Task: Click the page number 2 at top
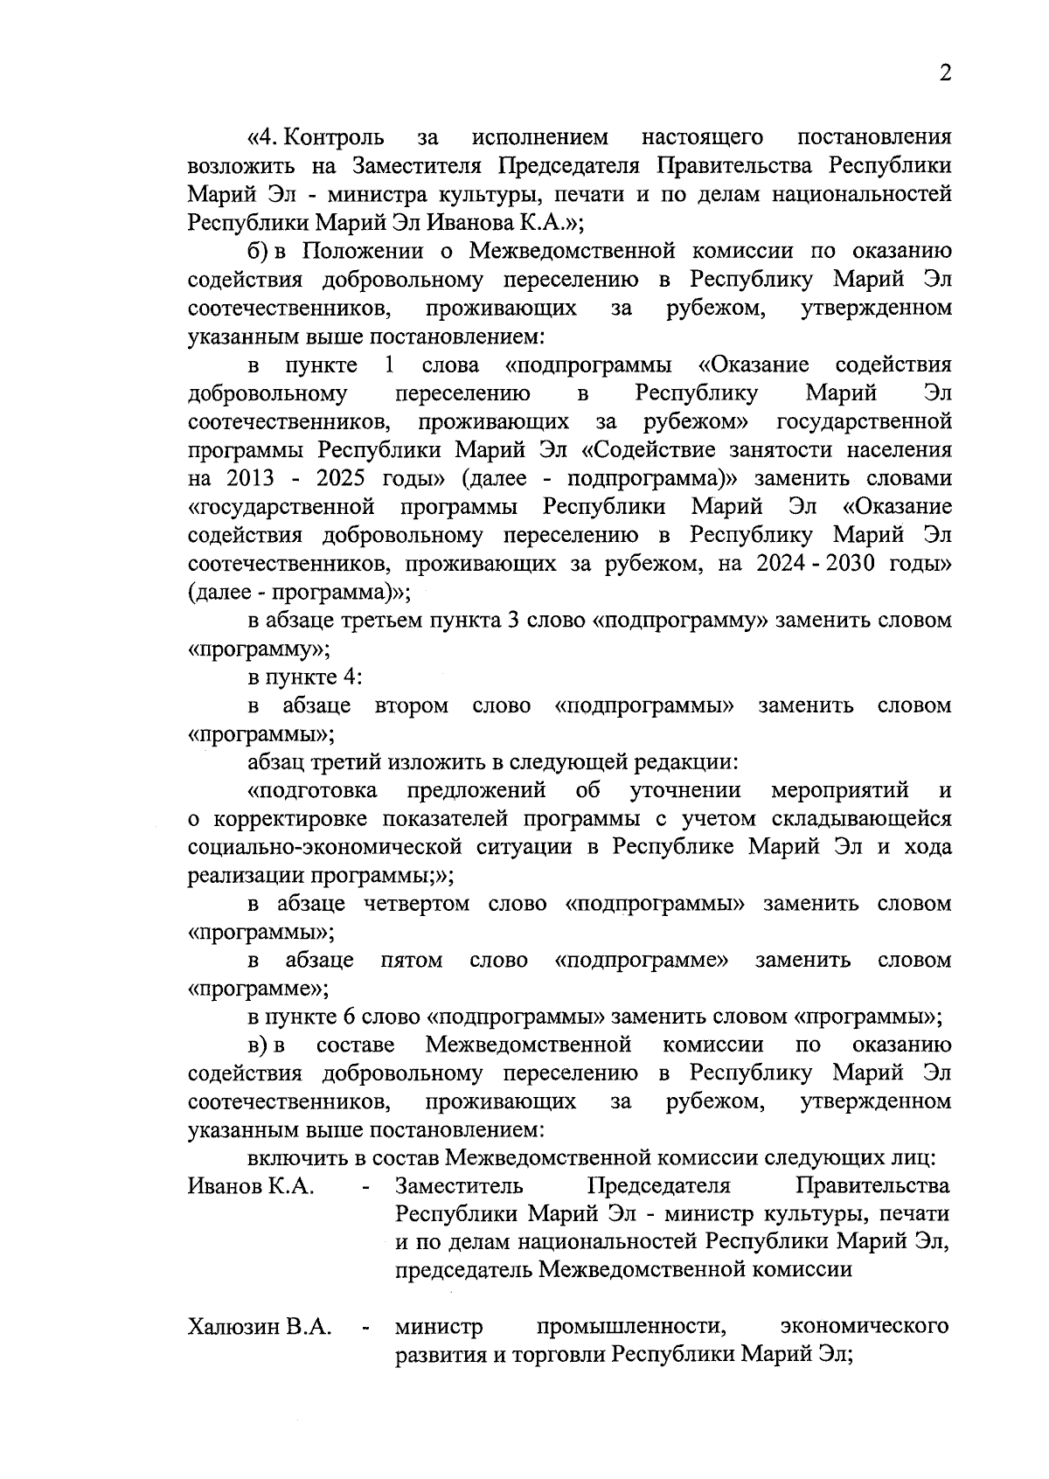[x=944, y=74]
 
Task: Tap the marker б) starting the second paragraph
[x=257, y=252]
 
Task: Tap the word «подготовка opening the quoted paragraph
[x=313, y=791]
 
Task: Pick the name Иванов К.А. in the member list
[x=251, y=1187]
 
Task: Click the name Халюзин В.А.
[x=260, y=1328]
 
